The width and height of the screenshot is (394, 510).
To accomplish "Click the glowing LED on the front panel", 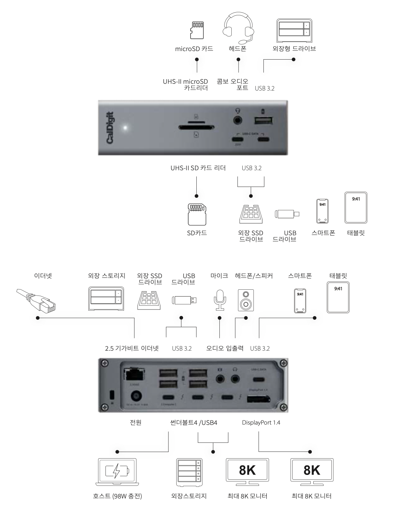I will (x=126, y=128).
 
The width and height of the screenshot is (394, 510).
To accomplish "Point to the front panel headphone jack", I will (x=238, y=121).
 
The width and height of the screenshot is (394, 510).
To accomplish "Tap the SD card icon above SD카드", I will (x=197, y=214).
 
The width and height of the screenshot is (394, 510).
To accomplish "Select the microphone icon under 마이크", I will (x=219, y=300).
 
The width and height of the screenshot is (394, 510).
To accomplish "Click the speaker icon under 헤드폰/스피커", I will (x=246, y=300).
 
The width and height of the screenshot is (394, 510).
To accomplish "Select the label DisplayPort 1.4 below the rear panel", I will (x=261, y=423).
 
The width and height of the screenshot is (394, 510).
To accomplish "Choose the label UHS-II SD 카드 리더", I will (x=198, y=168).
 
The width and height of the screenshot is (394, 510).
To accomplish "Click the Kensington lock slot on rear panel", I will (x=112, y=395).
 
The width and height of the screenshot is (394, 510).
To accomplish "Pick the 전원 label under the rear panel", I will (x=136, y=423).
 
